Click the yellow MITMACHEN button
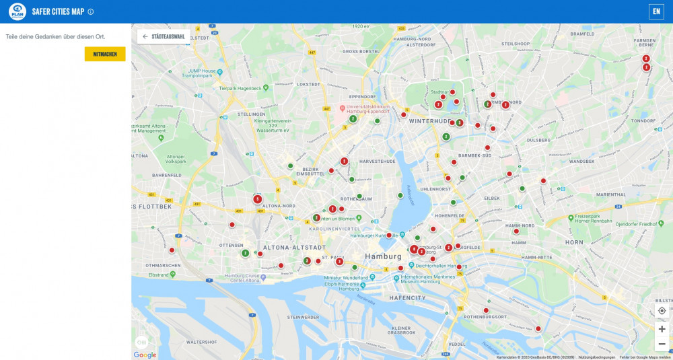(x=105, y=54)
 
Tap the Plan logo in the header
(x=17, y=11)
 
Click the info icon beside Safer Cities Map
(x=91, y=11)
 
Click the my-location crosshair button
(x=662, y=310)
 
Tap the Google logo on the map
(x=145, y=355)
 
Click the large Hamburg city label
(x=382, y=256)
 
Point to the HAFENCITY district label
(x=407, y=297)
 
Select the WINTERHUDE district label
(x=429, y=121)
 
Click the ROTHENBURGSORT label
(x=486, y=316)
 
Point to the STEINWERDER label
(x=302, y=316)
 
